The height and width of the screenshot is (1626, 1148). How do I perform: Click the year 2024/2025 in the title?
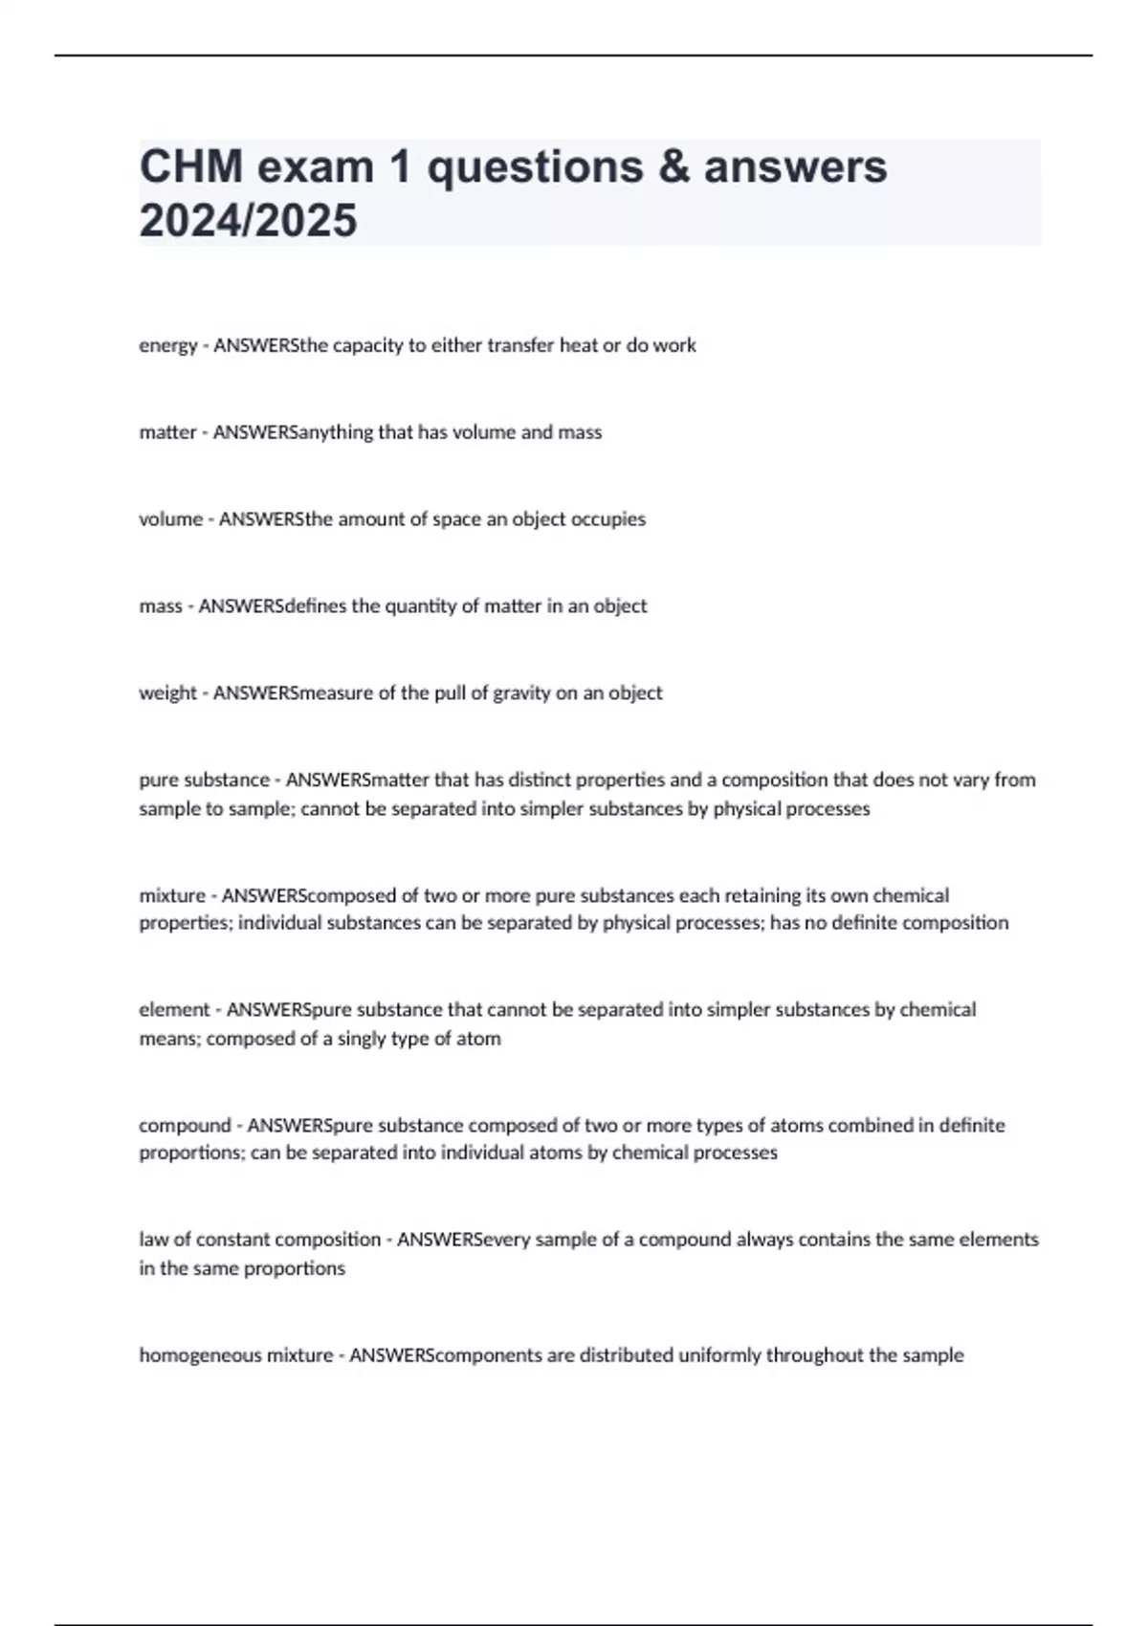[x=248, y=221]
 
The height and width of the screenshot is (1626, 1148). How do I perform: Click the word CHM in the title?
[x=191, y=167]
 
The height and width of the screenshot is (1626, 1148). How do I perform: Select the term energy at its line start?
[x=167, y=346]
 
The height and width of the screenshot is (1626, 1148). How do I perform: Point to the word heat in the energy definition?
[x=579, y=345]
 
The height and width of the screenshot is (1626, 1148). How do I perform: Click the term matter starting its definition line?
[x=167, y=432]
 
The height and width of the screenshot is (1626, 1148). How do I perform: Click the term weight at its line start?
[x=167, y=693]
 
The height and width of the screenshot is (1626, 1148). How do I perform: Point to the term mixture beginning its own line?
[x=172, y=896]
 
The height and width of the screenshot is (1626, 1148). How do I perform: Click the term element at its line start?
[x=174, y=1010]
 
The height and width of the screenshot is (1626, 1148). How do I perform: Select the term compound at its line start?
[x=185, y=1126]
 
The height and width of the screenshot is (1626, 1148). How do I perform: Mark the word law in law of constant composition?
[x=153, y=1240]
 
